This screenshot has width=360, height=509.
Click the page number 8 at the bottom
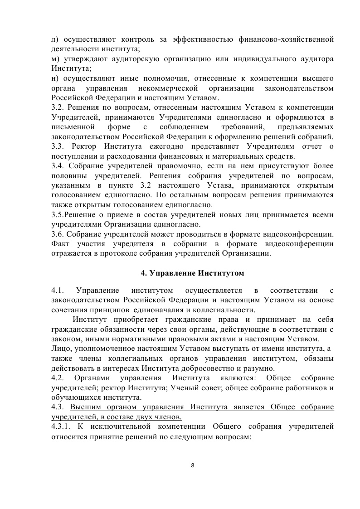coord(193,465)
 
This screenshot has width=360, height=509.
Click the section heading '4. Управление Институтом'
coord(192,273)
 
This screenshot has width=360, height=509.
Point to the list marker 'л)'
coord(56,39)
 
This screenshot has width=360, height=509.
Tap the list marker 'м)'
coord(56,59)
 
